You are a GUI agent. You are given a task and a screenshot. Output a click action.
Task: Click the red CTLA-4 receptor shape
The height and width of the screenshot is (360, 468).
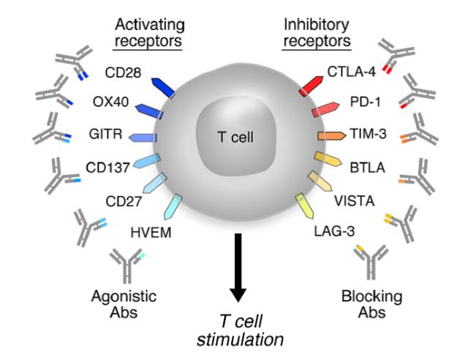(313, 83)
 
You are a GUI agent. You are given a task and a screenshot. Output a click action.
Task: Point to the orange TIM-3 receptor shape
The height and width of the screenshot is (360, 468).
(331, 136)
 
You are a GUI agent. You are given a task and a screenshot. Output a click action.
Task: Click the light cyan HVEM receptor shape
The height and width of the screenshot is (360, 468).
(174, 207)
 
